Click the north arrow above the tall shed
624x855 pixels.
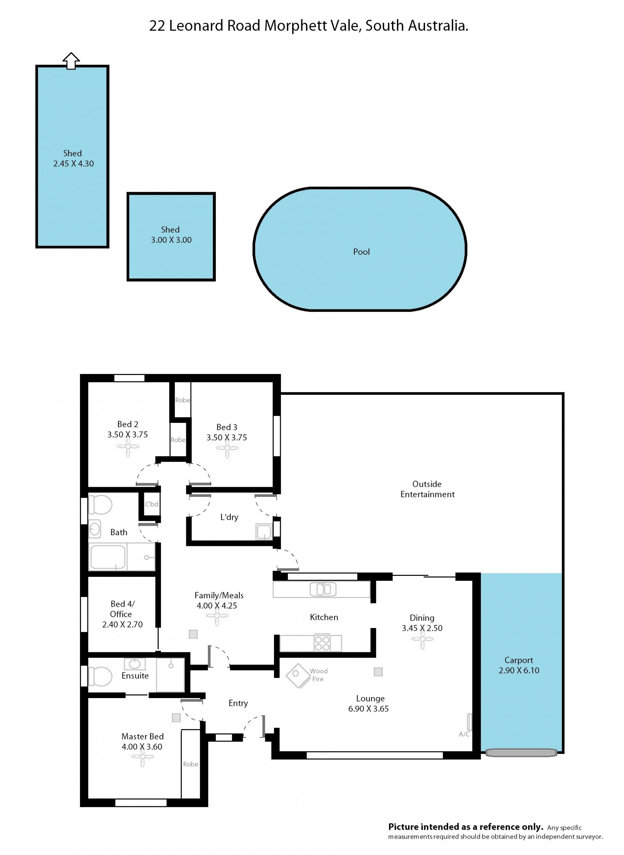tap(71, 61)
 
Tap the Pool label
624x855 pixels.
tap(361, 252)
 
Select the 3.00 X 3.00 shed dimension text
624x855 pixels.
tap(171, 240)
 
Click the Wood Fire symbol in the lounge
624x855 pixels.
tap(298, 676)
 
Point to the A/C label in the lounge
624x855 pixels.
tap(464, 734)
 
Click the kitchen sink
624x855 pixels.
tap(323, 589)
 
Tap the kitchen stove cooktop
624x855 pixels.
tap(322, 643)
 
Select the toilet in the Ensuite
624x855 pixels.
tap(100, 676)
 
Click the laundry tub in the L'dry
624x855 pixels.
tap(264, 532)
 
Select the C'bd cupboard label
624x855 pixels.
tap(151, 504)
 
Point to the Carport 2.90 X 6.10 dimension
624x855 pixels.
tap(519, 670)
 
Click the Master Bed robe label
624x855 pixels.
tap(190, 764)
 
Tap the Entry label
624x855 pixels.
tap(238, 703)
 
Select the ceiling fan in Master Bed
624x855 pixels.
tap(142, 757)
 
